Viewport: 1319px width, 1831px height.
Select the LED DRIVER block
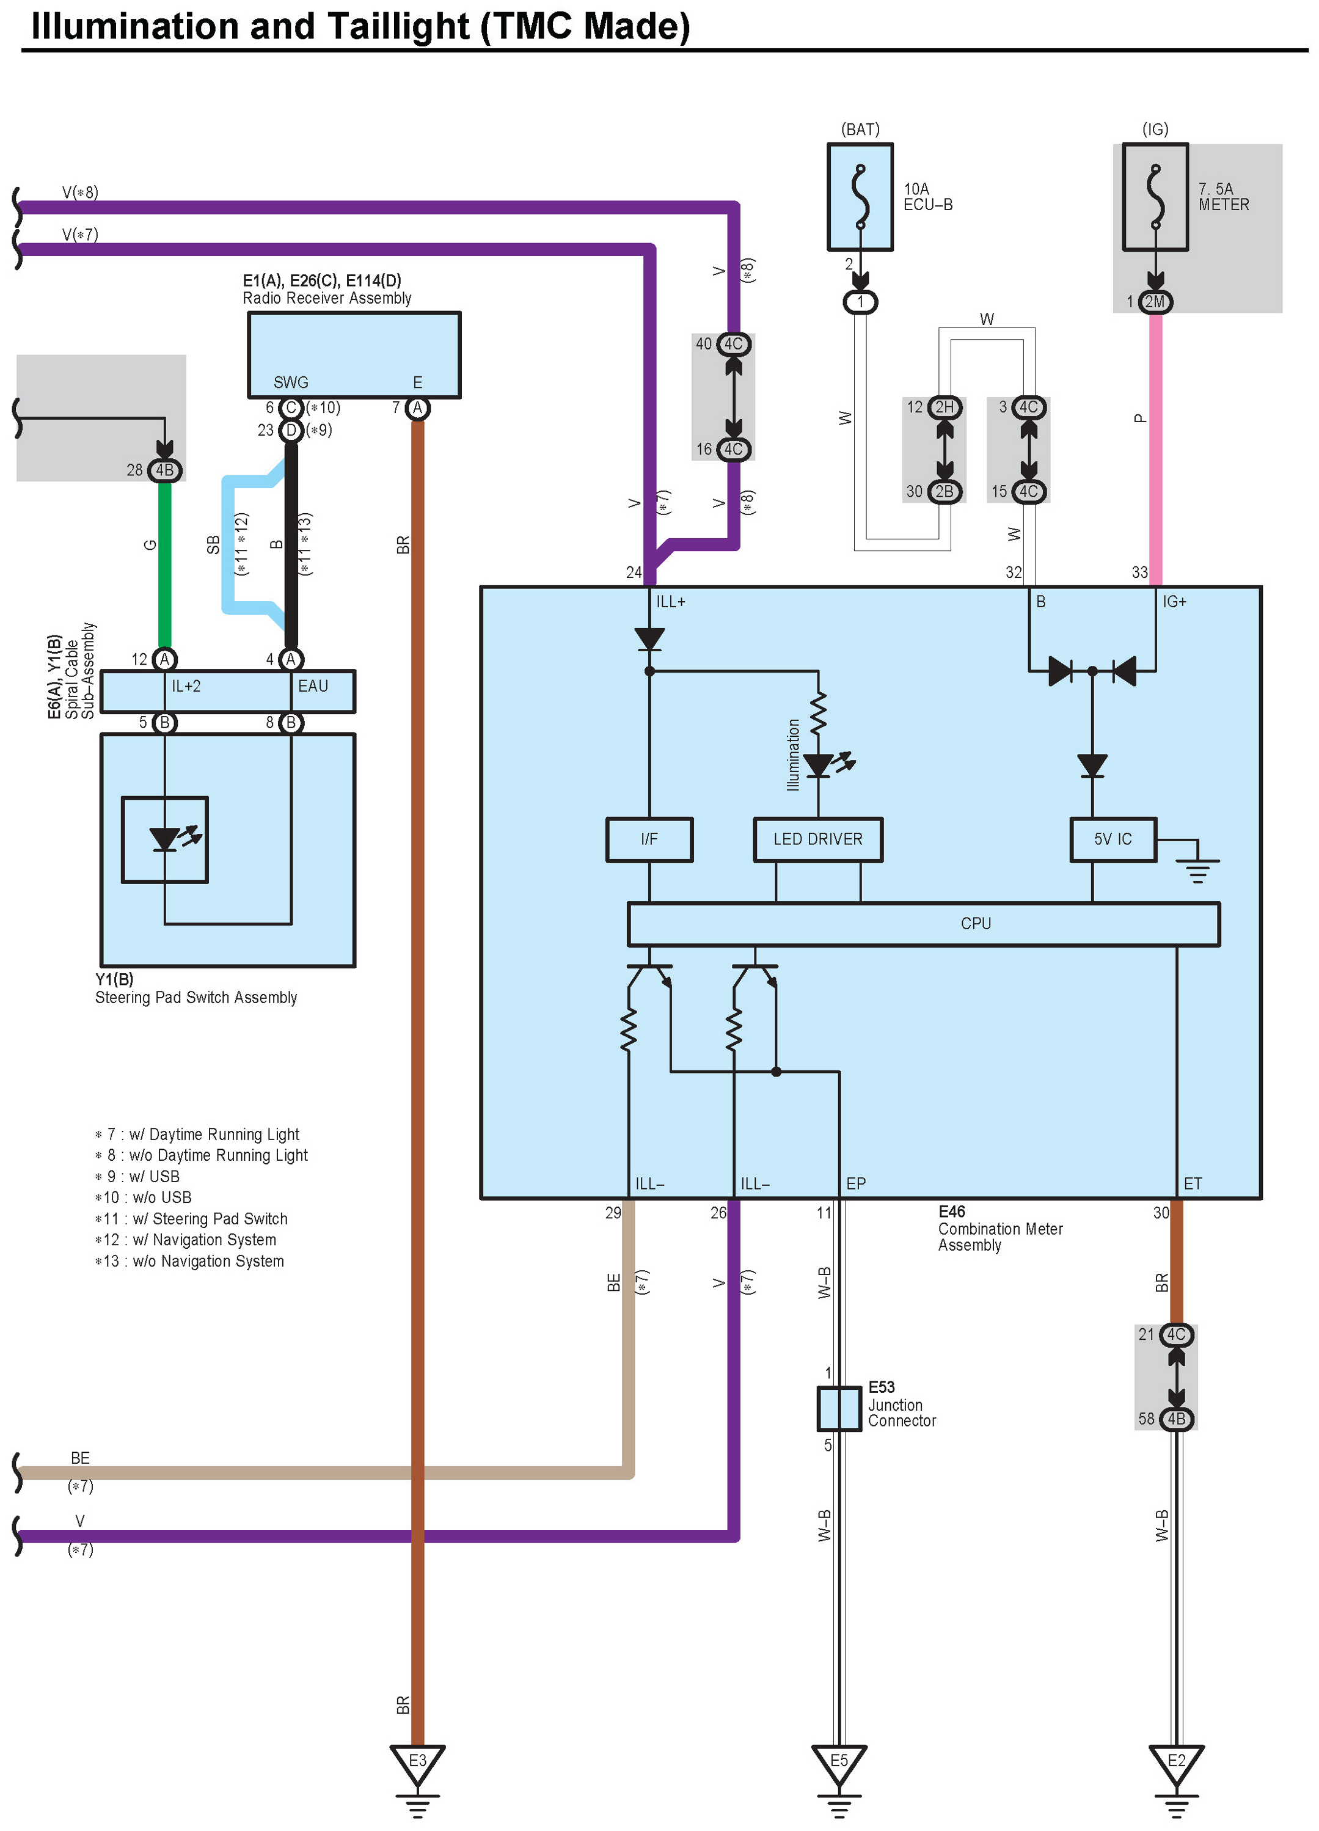click(x=817, y=839)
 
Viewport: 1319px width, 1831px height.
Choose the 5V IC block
click(x=1113, y=839)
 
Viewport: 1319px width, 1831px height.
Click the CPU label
click(x=975, y=924)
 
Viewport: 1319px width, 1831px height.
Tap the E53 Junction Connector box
click(x=839, y=1409)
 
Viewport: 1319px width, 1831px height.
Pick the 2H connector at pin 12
click(x=944, y=407)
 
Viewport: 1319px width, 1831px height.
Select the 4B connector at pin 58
click(x=1176, y=1419)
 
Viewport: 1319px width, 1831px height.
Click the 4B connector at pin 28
click(x=165, y=470)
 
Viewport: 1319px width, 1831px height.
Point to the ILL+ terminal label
click(x=670, y=601)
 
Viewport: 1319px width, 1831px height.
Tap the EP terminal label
click(x=856, y=1183)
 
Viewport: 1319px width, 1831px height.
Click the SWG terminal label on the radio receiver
click(x=291, y=382)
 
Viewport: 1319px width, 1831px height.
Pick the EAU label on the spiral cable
click(x=313, y=686)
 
